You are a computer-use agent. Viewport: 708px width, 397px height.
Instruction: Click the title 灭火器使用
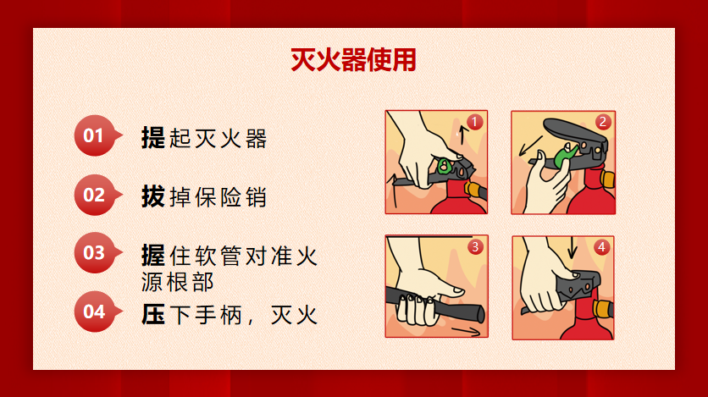click(x=353, y=59)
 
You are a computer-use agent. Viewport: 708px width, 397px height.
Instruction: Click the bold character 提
click(x=153, y=138)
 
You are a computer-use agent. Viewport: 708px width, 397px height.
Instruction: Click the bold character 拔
click(x=153, y=196)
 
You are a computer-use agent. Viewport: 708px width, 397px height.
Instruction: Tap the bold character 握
click(x=153, y=256)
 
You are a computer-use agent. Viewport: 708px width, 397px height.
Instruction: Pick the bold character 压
click(x=153, y=314)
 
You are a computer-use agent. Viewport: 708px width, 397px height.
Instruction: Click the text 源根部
click(x=178, y=283)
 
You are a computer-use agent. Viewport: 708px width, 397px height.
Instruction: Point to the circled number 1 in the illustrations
click(x=474, y=122)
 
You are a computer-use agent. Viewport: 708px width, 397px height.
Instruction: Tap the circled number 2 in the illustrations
click(x=603, y=122)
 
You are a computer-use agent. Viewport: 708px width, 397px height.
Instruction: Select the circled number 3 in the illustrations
click(x=475, y=247)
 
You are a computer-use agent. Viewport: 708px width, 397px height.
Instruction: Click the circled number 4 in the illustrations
click(x=602, y=247)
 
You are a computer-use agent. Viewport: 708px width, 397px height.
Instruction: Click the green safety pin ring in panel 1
click(x=444, y=166)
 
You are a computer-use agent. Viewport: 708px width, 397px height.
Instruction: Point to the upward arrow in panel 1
click(x=462, y=135)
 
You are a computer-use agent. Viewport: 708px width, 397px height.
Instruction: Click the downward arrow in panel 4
click(x=572, y=248)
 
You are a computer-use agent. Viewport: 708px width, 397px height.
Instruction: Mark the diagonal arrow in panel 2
click(x=530, y=146)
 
